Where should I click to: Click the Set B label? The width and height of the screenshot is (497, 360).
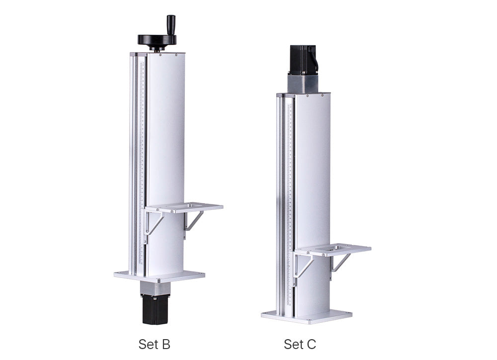[x=154, y=344]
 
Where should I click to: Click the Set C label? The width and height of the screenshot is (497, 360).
[x=300, y=344]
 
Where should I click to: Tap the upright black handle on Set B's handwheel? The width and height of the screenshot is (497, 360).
[x=171, y=25]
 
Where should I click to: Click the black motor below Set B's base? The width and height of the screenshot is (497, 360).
[x=155, y=309]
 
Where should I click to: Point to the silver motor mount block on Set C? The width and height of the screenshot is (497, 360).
[x=303, y=84]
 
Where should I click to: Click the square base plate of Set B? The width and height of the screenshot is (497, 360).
[x=159, y=275]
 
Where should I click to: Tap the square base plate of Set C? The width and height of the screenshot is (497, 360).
[x=306, y=315]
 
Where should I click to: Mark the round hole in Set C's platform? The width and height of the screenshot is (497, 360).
[x=340, y=246]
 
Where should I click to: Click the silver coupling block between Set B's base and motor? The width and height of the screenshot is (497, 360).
[x=155, y=288]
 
